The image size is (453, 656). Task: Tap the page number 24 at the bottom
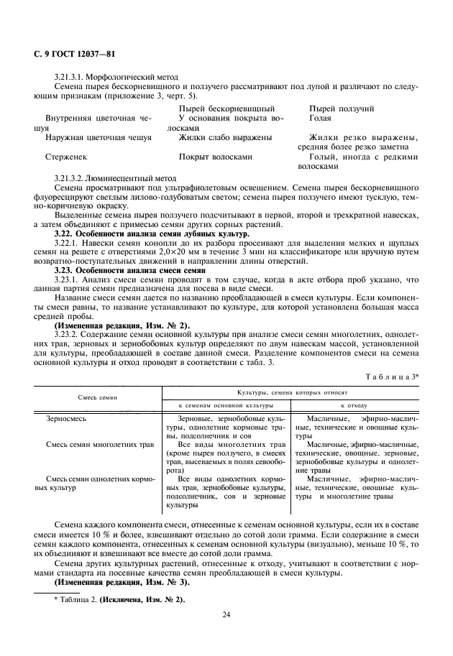tap(226, 614)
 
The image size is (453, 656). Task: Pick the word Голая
tap(320, 117)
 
